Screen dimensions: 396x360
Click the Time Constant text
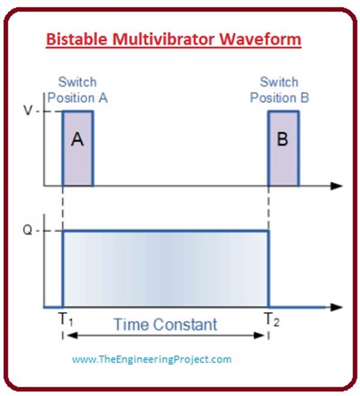(x=165, y=325)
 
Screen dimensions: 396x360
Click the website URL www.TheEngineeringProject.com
(x=151, y=359)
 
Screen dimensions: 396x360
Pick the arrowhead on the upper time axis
(x=338, y=187)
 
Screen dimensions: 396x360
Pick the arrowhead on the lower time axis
(x=338, y=307)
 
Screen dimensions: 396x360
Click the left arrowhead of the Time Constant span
(x=66, y=335)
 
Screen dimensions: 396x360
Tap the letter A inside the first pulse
(x=77, y=139)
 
